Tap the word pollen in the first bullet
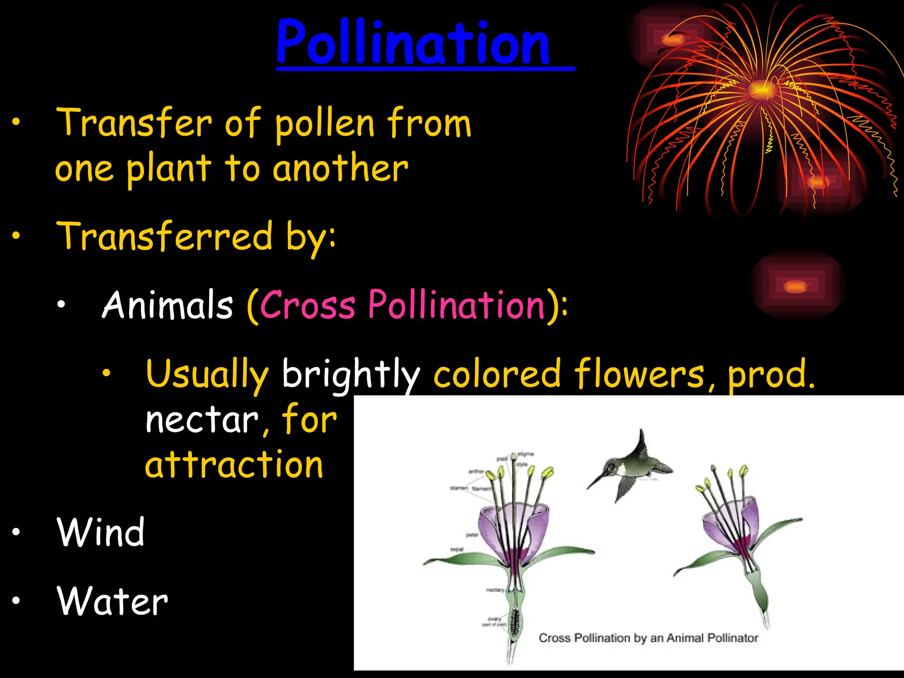325,124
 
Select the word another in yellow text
340,169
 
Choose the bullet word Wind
101,532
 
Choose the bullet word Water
112,601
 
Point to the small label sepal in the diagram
457,550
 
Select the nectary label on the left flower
495,590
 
